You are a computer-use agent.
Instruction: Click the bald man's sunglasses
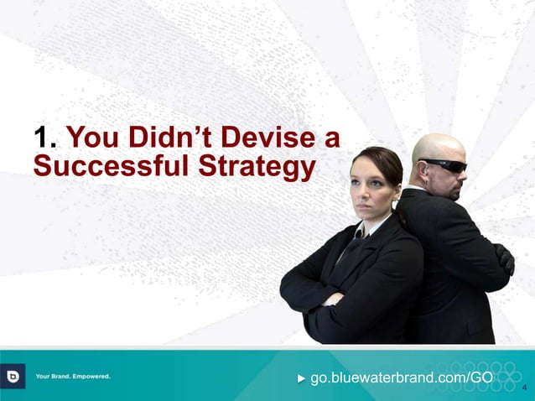[444, 165]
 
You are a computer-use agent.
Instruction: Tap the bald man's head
[438, 148]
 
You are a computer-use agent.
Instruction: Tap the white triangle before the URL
[303, 378]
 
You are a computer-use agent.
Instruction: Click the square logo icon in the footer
[14, 376]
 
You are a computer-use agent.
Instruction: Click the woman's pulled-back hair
[382, 159]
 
